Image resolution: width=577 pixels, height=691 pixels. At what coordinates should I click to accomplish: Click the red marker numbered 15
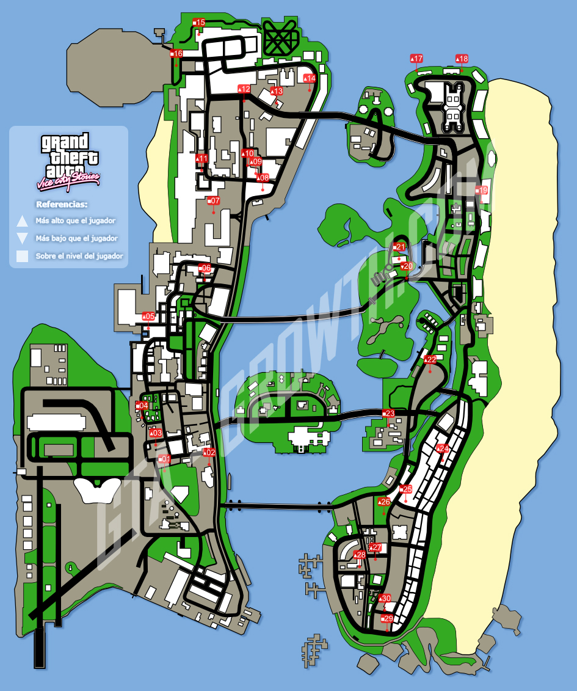tap(199, 23)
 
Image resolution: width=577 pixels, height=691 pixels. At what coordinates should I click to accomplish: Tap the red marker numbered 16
tap(176, 54)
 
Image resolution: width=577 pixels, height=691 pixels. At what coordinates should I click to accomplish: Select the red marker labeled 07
tap(213, 200)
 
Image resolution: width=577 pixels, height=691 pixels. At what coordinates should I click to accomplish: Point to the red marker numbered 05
tap(148, 316)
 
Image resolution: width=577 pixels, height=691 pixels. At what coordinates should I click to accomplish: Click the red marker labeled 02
tap(209, 453)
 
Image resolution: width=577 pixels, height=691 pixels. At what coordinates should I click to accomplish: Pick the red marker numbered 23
tap(388, 414)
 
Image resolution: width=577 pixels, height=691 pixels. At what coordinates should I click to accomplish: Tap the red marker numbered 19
tap(482, 191)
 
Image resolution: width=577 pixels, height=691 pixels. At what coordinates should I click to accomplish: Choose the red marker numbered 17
tap(417, 59)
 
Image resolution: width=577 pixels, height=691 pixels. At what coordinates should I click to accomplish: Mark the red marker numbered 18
tap(462, 59)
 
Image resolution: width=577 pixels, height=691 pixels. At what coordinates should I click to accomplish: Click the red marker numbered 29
tap(387, 619)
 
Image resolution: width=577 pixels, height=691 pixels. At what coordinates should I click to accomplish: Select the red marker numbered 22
tap(430, 360)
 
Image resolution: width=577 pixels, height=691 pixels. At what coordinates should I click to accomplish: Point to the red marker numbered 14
tap(310, 78)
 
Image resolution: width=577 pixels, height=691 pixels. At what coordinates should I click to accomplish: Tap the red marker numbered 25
tap(405, 489)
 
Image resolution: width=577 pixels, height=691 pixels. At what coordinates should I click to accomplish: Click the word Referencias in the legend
tap(62, 204)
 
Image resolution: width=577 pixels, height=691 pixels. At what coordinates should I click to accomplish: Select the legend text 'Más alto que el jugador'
tap(76, 221)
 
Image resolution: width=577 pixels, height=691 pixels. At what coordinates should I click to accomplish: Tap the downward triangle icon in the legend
tap(23, 238)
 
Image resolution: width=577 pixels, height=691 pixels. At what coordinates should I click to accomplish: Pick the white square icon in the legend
tap(23, 256)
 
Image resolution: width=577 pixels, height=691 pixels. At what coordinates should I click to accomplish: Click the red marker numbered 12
tap(244, 89)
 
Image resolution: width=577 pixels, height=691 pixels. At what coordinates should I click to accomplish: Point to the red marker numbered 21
tap(399, 247)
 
